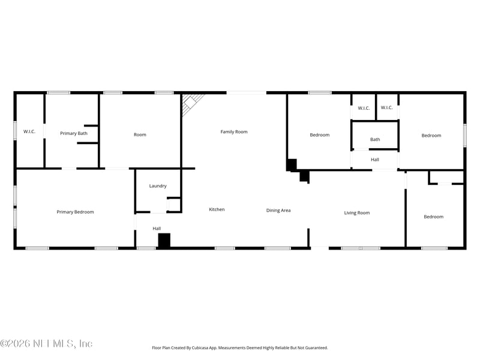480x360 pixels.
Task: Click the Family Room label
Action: (234, 131)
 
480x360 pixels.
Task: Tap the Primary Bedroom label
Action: (75, 212)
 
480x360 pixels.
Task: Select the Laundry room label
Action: (158, 186)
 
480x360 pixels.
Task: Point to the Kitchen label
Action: (217, 209)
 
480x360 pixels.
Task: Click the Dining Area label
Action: (278, 211)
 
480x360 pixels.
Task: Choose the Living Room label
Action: (356, 213)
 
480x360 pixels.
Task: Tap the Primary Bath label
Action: (74, 133)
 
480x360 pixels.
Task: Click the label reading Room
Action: (140, 135)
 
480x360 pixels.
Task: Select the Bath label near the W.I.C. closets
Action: (375, 140)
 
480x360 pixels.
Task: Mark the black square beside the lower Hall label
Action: (164, 241)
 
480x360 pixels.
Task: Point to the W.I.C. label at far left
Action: (29, 131)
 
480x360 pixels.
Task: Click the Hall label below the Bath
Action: (375, 160)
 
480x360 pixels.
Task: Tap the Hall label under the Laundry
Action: (157, 229)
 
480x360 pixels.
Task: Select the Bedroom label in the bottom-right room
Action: (433, 217)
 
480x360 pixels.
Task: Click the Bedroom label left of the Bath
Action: (319, 135)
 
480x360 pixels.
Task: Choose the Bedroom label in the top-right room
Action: (431, 136)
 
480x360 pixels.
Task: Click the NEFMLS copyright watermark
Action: (46, 344)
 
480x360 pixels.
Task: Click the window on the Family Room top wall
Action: (246, 92)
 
